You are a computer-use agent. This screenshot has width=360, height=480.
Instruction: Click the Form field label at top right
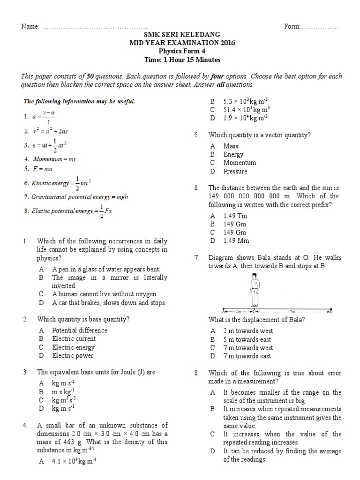click(x=292, y=27)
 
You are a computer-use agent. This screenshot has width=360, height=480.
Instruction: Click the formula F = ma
click(x=42, y=169)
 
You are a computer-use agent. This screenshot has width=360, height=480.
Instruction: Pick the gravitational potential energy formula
click(x=75, y=197)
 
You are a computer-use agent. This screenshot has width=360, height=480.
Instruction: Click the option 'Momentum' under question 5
click(x=240, y=163)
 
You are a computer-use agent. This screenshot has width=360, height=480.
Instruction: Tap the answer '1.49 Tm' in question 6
click(x=235, y=216)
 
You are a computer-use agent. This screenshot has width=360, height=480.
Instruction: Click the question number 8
click(x=197, y=373)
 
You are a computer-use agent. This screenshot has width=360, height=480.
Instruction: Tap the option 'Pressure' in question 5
click(x=235, y=171)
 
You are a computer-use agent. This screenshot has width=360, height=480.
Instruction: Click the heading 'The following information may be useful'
click(x=79, y=101)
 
